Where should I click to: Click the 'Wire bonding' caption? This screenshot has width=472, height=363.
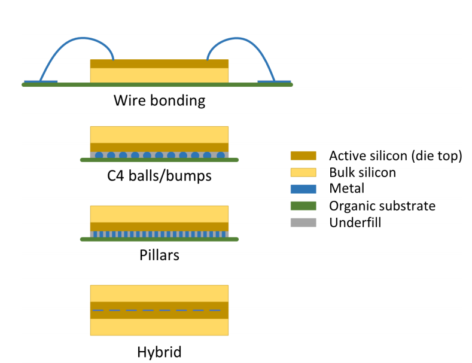(159, 100)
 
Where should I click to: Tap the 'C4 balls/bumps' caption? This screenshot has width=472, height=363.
(159, 176)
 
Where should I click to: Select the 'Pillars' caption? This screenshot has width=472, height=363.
(159, 255)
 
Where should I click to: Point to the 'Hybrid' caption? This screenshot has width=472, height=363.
(159, 352)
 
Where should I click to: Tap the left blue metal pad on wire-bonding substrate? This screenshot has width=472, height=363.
(41, 81)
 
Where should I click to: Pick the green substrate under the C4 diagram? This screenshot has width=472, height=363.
(159, 160)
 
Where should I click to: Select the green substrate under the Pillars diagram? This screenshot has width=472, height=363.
(159, 239)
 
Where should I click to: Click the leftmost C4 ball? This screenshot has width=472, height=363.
(99, 155)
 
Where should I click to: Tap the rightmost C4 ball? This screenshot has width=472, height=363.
(221, 155)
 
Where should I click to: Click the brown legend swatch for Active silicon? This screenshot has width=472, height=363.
(303, 155)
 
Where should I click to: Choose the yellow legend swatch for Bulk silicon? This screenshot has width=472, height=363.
(303, 172)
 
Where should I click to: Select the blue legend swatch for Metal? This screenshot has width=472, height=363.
(303, 189)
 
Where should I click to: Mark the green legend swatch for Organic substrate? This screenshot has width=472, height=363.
(303, 206)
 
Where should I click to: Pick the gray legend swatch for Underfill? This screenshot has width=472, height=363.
(303, 222)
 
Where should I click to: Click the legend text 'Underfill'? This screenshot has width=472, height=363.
(355, 222)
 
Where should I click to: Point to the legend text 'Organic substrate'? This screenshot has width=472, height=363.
(382, 206)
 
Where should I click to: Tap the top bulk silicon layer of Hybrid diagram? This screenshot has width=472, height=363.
(159, 294)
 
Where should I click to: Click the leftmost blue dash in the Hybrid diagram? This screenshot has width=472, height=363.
(98, 310)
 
